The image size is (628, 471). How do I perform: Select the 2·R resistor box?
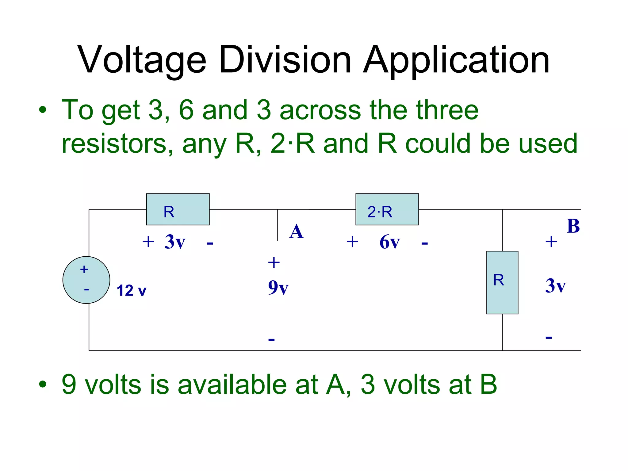(x=387, y=209)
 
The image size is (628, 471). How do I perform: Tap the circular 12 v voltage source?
(x=86, y=280)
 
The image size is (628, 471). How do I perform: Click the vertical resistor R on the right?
(x=502, y=282)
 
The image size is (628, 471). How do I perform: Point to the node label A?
(x=296, y=232)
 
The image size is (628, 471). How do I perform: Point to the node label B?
(x=573, y=226)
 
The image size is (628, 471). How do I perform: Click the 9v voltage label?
(x=278, y=287)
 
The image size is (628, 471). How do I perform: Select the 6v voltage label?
(x=389, y=242)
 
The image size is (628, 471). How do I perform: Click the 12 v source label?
(x=131, y=290)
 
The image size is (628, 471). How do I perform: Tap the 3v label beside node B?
(x=555, y=285)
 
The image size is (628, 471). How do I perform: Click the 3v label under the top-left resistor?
(x=175, y=242)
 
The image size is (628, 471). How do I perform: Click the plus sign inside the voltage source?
(x=84, y=270)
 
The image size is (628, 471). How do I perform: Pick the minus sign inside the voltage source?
(x=86, y=289)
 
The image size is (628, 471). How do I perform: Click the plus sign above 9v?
(x=274, y=262)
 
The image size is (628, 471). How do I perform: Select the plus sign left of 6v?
(x=352, y=242)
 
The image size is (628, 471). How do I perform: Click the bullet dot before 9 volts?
(x=43, y=385)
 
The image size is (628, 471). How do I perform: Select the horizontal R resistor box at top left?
(x=178, y=209)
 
